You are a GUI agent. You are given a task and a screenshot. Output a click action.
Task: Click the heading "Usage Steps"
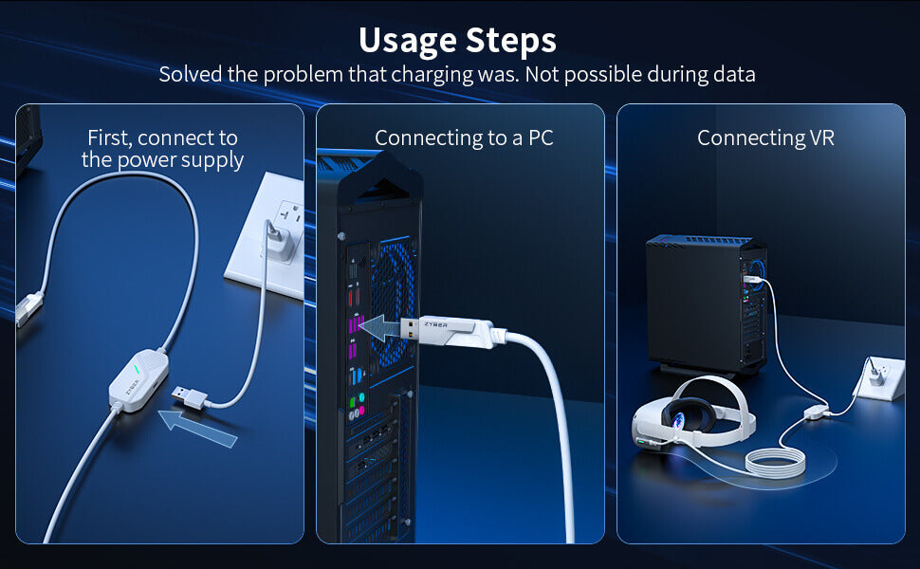coord(458,41)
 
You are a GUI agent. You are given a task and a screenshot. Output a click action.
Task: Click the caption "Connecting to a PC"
coord(464,138)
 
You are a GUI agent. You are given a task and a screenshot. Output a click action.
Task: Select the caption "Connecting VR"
coord(765,138)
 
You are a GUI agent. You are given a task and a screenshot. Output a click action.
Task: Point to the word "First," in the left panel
coord(110,138)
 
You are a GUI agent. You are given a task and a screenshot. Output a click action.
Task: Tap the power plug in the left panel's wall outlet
coord(279,240)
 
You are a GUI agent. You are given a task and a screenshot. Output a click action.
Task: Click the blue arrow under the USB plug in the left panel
coord(197,429)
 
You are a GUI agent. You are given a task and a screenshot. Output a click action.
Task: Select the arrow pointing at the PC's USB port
coord(379,328)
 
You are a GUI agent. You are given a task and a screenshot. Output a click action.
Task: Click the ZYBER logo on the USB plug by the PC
coord(435,324)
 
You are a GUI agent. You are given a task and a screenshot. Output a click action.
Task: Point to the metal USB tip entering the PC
coord(410,328)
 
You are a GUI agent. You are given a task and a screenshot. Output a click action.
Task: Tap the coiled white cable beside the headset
coord(775,461)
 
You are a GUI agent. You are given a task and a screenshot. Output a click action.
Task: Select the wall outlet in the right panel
coord(879,378)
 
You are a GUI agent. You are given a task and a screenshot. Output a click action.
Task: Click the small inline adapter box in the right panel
coord(817,412)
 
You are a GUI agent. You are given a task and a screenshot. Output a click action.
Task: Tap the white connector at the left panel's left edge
coord(28,307)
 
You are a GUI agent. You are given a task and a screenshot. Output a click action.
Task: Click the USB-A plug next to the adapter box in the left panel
coord(189,396)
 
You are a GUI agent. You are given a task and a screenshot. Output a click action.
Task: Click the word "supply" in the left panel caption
coord(212,160)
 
